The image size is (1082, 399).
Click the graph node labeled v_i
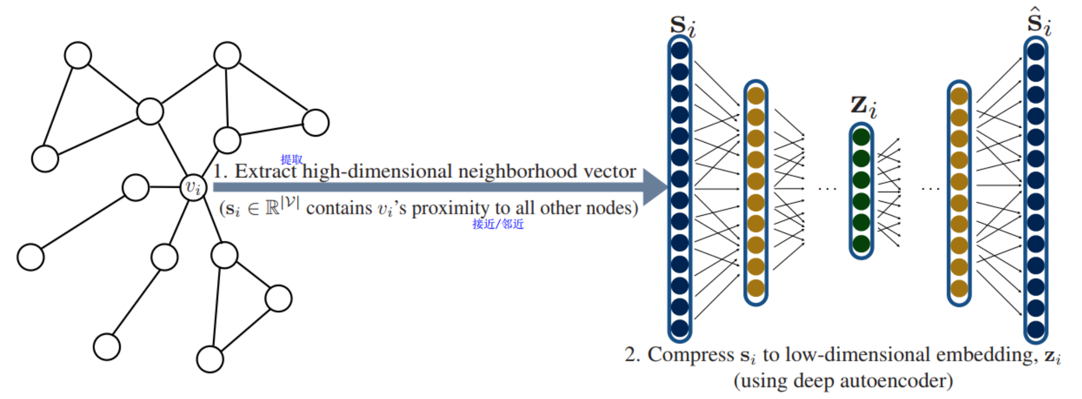193,187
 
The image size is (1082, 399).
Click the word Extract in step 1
265,171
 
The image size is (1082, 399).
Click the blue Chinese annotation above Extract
292,160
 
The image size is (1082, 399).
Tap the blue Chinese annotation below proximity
498,224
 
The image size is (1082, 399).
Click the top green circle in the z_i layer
861,137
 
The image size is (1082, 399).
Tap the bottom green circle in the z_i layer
861,244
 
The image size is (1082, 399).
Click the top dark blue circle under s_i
680,51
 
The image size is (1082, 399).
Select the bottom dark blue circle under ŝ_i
1036,329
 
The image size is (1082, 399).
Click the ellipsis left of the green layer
827,188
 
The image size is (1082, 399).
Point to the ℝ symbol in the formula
272,209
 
